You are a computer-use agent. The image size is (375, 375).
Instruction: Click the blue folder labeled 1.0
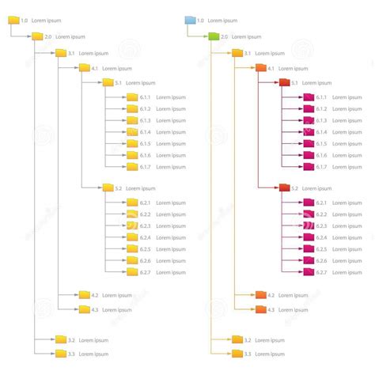(x=190, y=20)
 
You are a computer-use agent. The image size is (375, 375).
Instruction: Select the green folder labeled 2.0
(x=214, y=36)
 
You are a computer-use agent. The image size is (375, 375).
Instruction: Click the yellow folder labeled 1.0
(x=13, y=20)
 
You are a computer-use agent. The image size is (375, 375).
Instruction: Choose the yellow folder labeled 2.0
(x=37, y=36)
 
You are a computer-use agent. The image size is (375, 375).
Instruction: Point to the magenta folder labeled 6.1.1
(x=309, y=97)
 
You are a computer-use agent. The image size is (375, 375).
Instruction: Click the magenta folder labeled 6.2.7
(x=309, y=272)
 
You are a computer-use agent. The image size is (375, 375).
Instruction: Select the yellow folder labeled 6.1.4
(x=132, y=132)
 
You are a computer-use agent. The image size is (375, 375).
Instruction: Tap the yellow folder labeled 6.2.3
(x=132, y=225)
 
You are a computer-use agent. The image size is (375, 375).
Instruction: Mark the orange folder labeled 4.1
(x=261, y=69)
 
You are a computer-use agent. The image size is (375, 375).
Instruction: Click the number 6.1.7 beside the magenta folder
(x=321, y=167)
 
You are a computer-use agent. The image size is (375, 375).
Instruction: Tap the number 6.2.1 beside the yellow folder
(x=145, y=203)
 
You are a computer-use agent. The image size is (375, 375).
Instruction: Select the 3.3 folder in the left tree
(x=61, y=353)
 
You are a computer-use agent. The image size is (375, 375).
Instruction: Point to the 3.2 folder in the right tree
(x=237, y=339)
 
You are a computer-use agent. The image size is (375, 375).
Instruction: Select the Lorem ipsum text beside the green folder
(x=246, y=36)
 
